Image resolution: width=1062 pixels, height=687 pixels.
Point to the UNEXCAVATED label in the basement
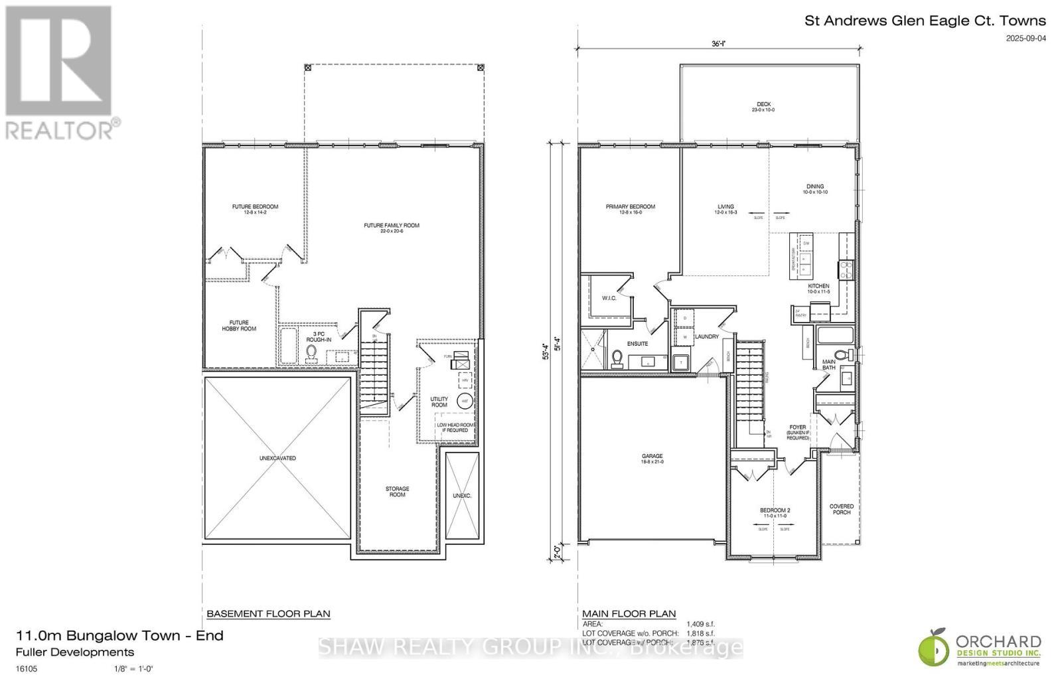pos(277,459)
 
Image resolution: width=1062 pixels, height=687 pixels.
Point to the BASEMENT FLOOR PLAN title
pos(268,613)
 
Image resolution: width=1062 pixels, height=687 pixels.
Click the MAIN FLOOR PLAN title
pos(629,613)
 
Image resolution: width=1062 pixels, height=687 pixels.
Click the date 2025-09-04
pos(1025,38)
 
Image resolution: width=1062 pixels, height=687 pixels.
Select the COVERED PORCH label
pos(842,509)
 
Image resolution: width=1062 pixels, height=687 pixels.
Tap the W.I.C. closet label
pos(609,298)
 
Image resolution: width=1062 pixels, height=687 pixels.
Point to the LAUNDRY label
pos(706,337)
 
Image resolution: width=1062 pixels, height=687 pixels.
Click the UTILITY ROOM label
pos(439,402)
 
